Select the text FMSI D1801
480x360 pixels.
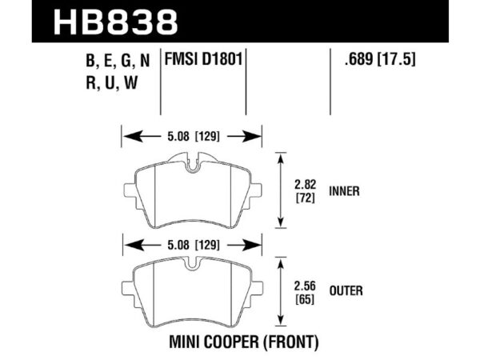coord(204,58)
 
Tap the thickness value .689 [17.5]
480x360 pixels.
coord(371,58)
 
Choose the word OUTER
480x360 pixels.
coord(343,291)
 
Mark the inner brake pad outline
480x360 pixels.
coord(191,195)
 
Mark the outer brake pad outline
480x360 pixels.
coord(191,292)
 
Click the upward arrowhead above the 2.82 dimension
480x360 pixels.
coord(280,160)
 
